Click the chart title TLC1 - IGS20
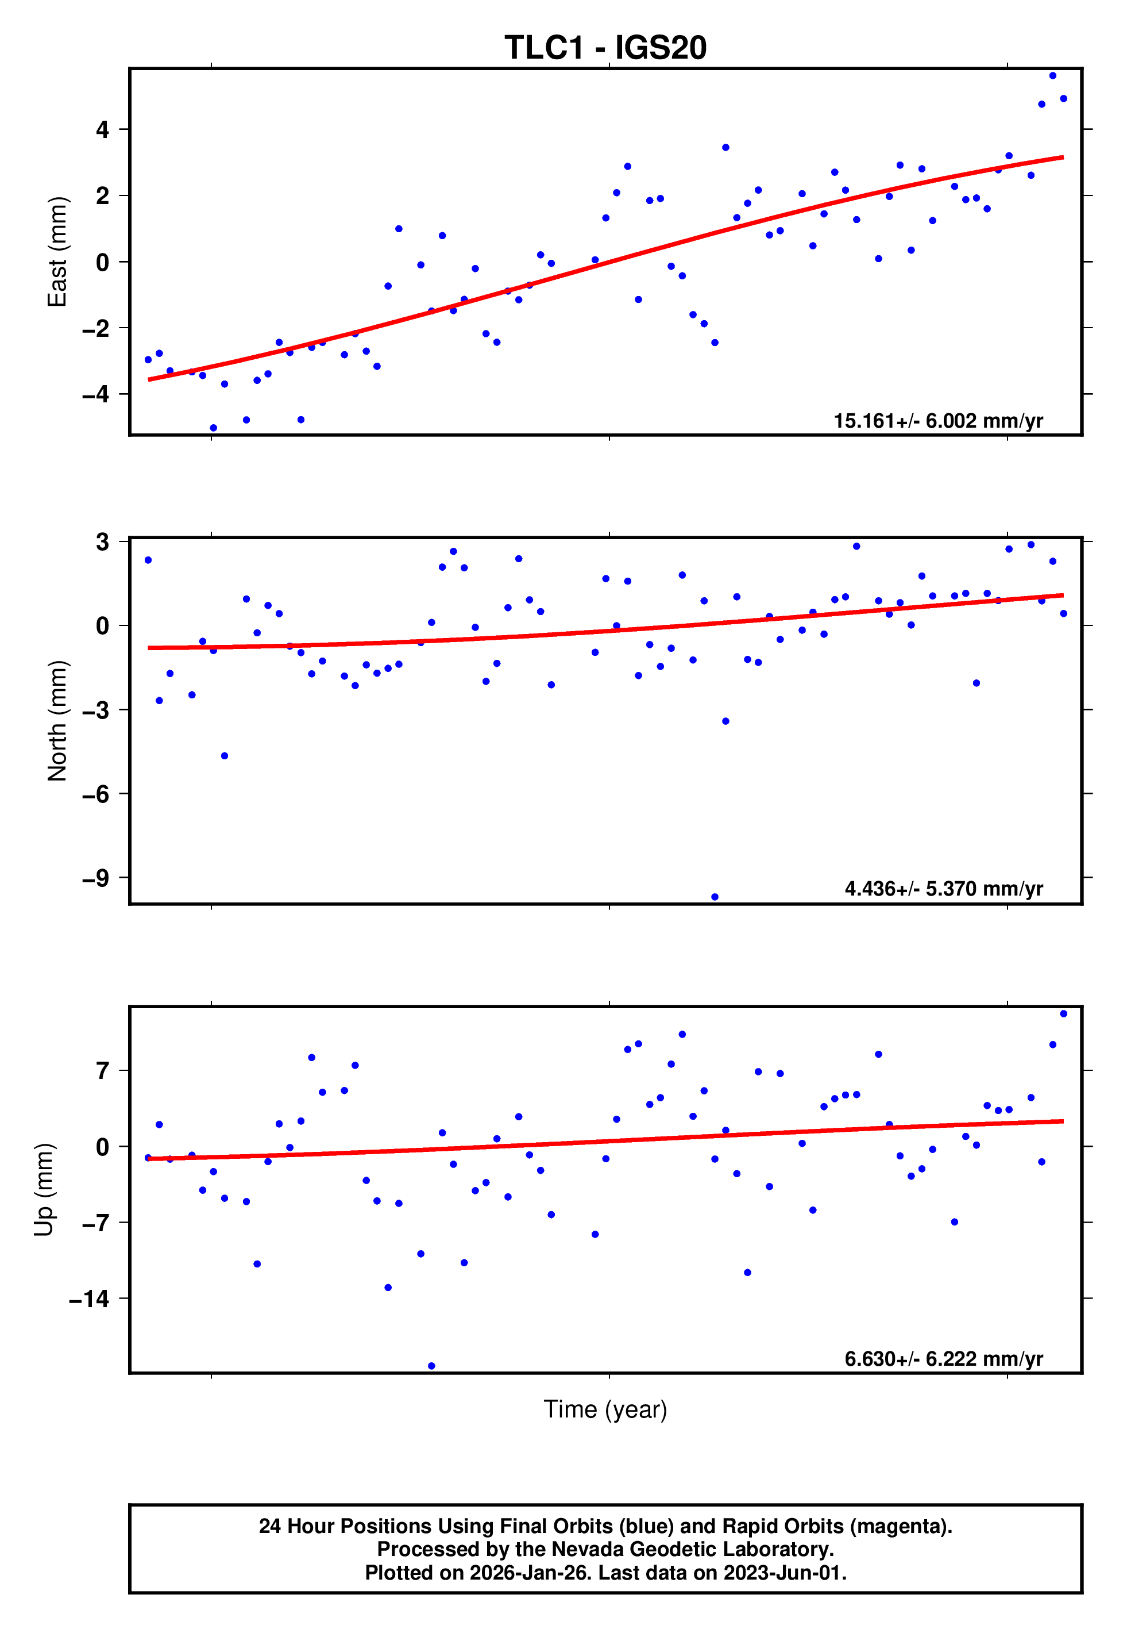(x=605, y=48)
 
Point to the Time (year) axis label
(x=605, y=1409)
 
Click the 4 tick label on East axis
(x=103, y=129)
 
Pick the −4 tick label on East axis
(x=95, y=394)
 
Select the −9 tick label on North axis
(x=95, y=878)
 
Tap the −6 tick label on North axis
(x=95, y=794)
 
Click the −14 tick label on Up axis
(x=89, y=1298)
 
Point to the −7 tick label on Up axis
(x=95, y=1223)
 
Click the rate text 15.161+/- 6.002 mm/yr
(x=938, y=421)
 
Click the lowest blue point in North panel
(x=715, y=897)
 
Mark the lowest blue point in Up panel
(x=431, y=1366)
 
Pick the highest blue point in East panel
(x=1052, y=75)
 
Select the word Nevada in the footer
(x=585, y=1550)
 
